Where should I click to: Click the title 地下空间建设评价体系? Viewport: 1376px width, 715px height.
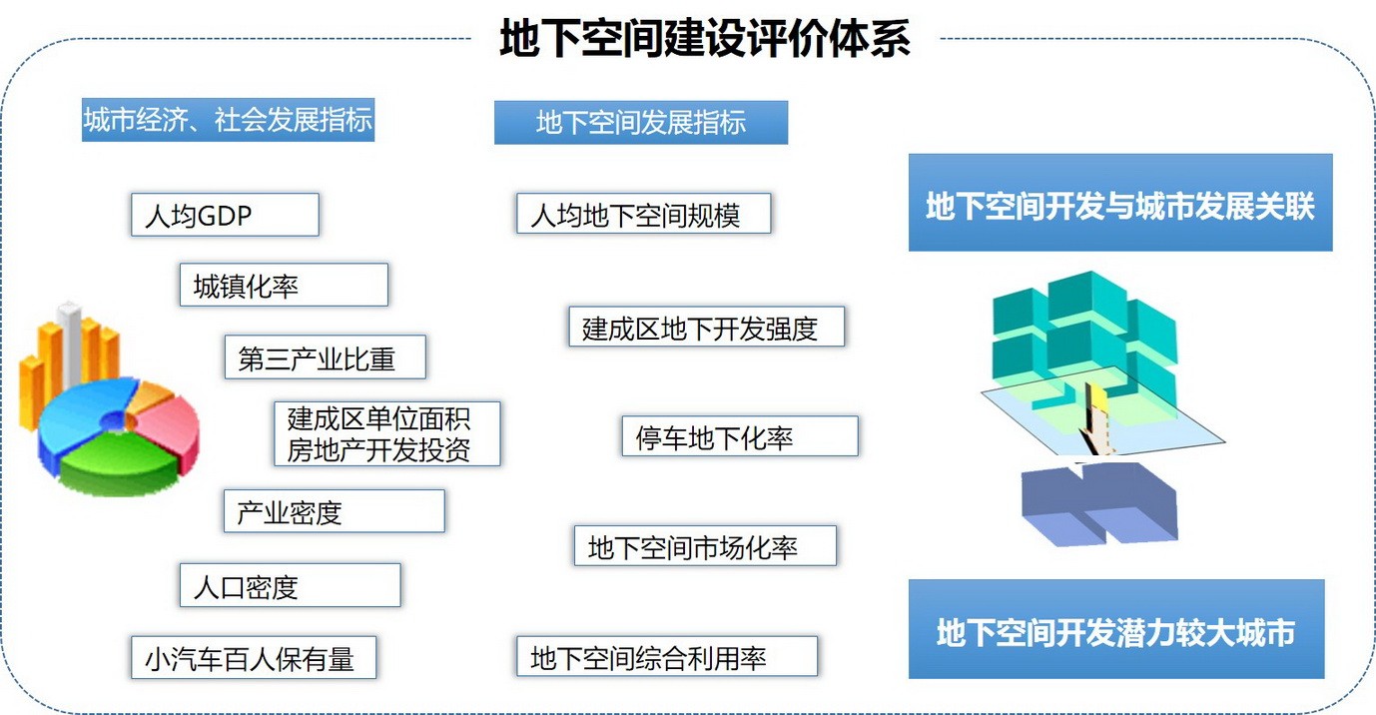(x=705, y=38)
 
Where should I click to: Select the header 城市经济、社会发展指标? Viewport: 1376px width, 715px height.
(x=228, y=120)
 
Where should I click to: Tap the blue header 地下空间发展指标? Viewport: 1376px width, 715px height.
(x=641, y=122)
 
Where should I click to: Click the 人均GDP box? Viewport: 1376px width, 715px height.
(x=225, y=215)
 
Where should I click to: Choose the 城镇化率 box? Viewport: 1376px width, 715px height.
(x=284, y=285)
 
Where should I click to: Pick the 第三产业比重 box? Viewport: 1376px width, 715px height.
(x=325, y=357)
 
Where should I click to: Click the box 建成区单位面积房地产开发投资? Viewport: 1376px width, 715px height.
(x=387, y=433)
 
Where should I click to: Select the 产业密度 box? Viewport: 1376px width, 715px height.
(x=335, y=511)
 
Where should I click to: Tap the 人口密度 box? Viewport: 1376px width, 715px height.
(x=290, y=585)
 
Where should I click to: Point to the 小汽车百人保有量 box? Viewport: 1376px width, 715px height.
(x=253, y=657)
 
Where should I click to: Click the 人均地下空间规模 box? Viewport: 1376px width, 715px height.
(x=643, y=214)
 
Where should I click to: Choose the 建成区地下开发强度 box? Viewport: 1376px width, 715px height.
(x=706, y=327)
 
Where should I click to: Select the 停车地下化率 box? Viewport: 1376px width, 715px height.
(x=740, y=436)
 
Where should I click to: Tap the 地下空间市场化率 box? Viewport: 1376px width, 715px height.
(x=705, y=545)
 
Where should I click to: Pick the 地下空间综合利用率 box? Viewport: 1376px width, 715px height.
(x=666, y=656)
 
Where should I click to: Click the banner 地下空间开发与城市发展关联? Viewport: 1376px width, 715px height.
(x=1120, y=203)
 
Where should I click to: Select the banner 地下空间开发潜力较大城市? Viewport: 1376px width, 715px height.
(x=1116, y=629)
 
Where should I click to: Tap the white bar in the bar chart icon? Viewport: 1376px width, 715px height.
(x=71, y=344)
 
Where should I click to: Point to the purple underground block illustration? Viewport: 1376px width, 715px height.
(x=1099, y=503)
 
